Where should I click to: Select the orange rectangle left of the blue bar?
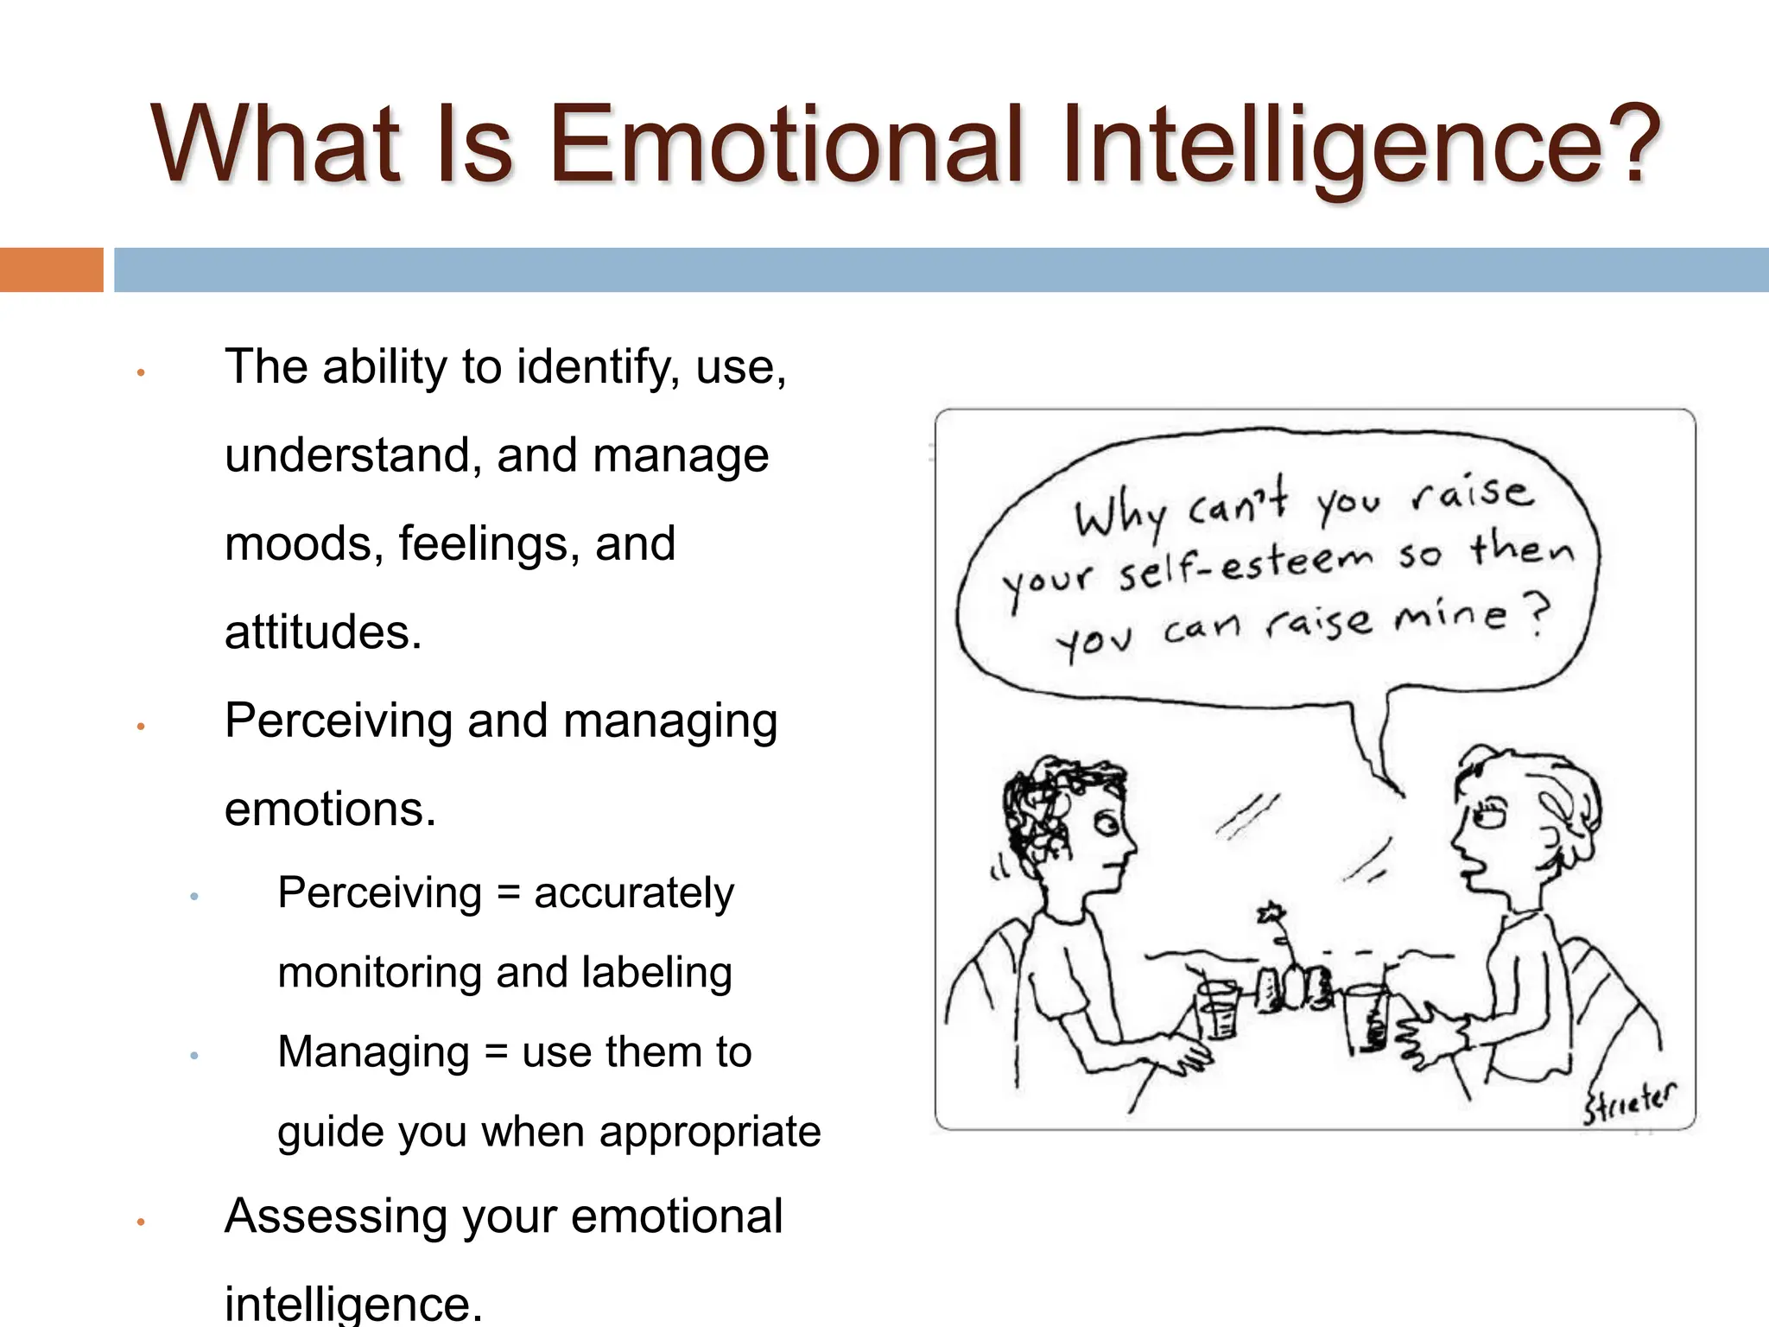(51, 270)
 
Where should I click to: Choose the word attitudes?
(322, 632)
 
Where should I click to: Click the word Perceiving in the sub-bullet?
(379, 892)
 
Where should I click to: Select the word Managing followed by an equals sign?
(373, 1052)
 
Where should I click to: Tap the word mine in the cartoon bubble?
(1451, 615)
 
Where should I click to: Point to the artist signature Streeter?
(1629, 1102)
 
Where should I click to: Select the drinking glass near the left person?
(1218, 1009)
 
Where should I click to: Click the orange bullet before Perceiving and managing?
(140, 727)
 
